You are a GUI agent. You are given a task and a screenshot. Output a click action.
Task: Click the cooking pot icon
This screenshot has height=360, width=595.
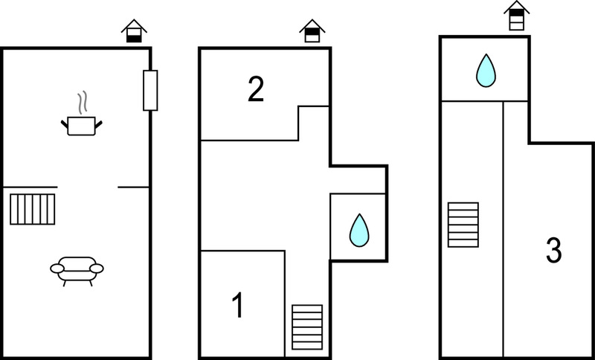click(x=82, y=126)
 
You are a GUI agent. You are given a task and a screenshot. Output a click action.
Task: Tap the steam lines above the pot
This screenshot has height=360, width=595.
click(x=83, y=103)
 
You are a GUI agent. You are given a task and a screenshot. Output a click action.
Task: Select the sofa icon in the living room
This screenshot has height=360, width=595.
click(x=77, y=271)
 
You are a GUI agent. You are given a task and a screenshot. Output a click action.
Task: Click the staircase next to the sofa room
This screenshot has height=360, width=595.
click(x=33, y=209)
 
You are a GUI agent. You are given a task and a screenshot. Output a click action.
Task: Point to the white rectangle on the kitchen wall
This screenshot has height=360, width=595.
click(x=150, y=90)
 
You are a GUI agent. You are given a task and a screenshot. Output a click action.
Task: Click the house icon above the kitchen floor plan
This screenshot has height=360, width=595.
click(x=134, y=31)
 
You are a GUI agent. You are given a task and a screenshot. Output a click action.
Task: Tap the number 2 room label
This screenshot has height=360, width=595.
click(x=256, y=89)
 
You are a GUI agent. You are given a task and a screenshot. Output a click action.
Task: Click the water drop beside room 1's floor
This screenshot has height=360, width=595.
click(x=359, y=231)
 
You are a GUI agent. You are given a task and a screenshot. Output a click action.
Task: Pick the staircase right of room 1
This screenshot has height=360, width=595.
click(x=307, y=327)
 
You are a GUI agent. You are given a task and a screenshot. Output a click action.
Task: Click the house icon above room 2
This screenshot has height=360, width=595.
click(x=312, y=31)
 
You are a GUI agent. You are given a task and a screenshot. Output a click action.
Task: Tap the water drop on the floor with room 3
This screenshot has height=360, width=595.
click(x=486, y=71)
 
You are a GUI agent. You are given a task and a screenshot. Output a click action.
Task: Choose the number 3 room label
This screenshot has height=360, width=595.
click(x=553, y=251)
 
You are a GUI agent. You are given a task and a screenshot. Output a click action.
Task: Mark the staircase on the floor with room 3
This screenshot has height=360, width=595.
click(x=463, y=225)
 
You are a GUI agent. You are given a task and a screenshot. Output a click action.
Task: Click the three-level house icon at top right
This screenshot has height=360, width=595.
click(x=516, y=16)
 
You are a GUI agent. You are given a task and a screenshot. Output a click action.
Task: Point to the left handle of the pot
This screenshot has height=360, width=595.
click(x=64, y=124)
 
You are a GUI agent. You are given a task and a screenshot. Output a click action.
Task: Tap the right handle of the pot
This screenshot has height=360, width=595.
click(x=99, y=124)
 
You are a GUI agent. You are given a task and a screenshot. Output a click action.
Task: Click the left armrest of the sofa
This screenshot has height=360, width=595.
click(x=57, y=269)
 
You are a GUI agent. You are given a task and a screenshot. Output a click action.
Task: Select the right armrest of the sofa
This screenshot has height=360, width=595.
click(x=97, y=269)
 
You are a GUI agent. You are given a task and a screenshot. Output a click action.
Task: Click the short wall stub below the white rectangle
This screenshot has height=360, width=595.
click(x=133, y=187)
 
